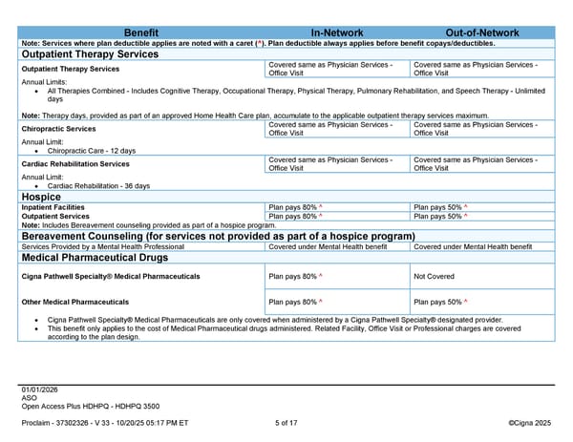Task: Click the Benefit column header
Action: pos(142,32)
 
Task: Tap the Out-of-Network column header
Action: pos(482,32)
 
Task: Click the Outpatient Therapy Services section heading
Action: pos(91,54)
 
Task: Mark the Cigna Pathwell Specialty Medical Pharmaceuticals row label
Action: pos(111,276)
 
